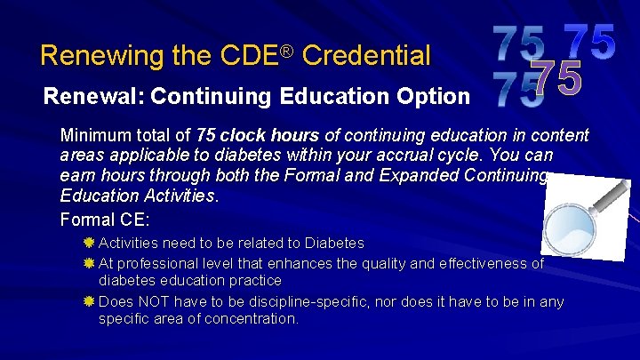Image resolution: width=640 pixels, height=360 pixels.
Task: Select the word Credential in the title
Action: click(x=366, y=56)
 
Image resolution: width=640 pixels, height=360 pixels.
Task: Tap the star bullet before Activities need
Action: click(x=89, y=243)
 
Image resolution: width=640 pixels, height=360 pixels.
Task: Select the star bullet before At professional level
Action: click(x=89, y=263)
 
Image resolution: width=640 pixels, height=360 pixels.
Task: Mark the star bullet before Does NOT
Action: click(x=89, y=301)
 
